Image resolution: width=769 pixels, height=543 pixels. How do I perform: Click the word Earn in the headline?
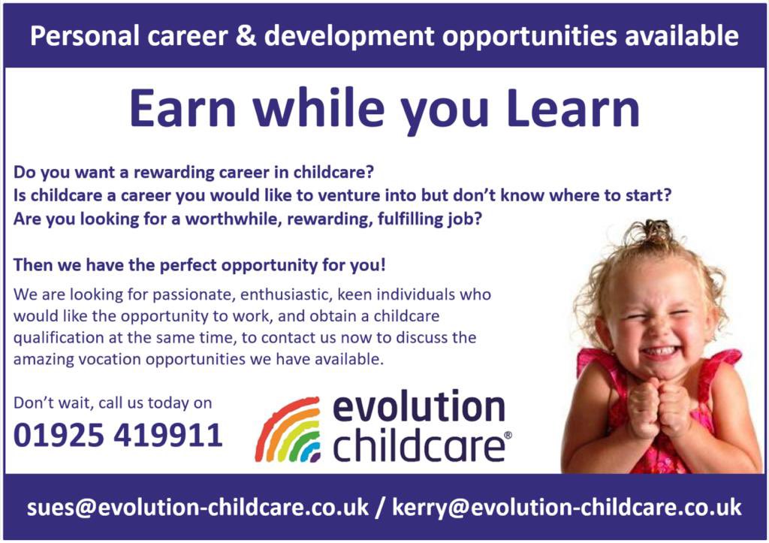click(182, 109)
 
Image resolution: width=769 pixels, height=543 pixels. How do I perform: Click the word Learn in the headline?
click(573, 109)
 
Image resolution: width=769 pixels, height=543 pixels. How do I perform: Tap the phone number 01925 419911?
click(119, 436)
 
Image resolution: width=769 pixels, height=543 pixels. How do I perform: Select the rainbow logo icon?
click(288, 431)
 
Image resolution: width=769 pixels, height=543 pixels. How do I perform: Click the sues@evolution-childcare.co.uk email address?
click(198, 507)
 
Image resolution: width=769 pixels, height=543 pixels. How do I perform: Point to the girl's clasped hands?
click(657, 409)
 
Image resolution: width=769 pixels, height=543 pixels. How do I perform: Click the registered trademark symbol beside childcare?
click(508, 436)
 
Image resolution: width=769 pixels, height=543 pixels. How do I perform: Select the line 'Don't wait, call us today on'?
click(113, 403)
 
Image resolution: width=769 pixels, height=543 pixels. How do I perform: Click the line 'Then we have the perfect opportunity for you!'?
click(200, 265)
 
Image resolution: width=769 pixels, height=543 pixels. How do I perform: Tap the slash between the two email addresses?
click(381, 507)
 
